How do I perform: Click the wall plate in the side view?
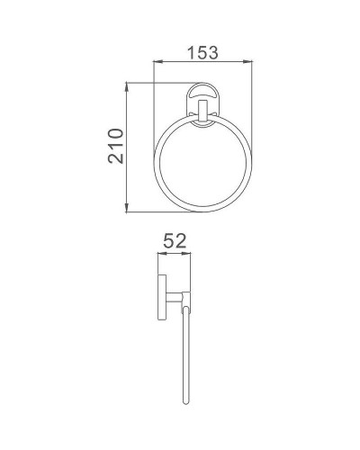(163, 296)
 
